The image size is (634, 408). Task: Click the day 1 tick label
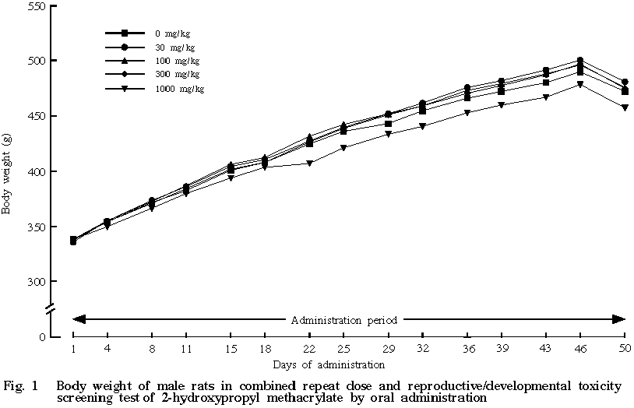[x=73, y=347]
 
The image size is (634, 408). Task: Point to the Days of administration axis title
[x=328, y=364]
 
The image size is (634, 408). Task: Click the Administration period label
[x=344, y=319]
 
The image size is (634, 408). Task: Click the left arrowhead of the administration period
[x=77, y=318]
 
